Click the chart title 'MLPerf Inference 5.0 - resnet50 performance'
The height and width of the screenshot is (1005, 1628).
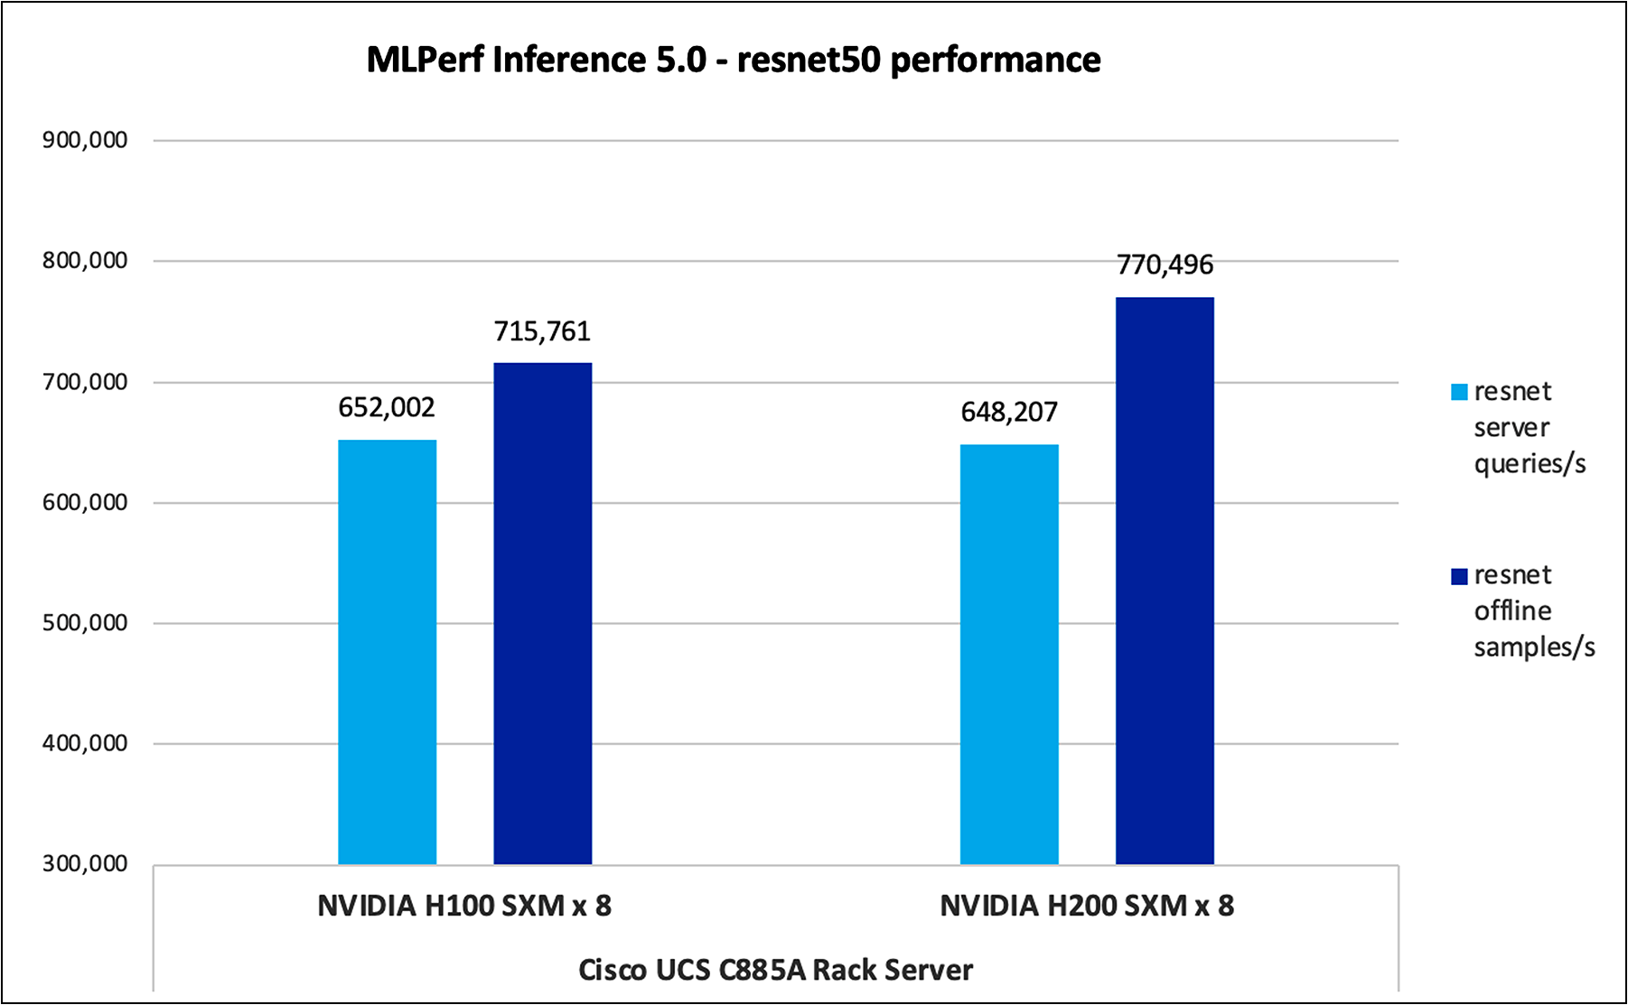(733, 60)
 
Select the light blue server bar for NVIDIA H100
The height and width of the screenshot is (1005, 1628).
(387, 652)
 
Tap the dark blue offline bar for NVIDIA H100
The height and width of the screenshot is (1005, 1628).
(542, 614)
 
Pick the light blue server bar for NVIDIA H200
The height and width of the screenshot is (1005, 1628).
(1009, 655)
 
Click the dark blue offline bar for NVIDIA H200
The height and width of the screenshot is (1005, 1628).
(1165, 581)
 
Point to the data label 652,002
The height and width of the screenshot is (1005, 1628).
(387, 408)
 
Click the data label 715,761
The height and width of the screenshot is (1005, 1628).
(542, 332)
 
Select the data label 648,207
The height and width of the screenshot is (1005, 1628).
(1009, 413)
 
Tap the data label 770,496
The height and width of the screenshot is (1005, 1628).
(1165, 265)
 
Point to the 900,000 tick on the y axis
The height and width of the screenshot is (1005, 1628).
(85, 140)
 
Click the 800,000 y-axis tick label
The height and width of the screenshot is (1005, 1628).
(85, 261)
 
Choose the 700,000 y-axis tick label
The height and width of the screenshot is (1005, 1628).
(85, 382)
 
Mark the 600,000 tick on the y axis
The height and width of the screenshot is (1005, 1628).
(85, 502)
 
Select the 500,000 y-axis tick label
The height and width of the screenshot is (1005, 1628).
(85, 623)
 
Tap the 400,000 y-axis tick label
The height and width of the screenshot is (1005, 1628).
(85, 743)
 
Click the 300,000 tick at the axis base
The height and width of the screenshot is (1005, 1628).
(85, 864)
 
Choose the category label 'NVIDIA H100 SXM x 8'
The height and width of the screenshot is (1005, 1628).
(464, 906)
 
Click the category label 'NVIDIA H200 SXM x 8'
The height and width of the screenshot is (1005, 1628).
(1087, 906)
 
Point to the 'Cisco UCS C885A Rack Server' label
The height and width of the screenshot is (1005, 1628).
(775, 970)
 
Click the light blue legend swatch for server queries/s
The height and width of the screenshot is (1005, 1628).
(1459, 392)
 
